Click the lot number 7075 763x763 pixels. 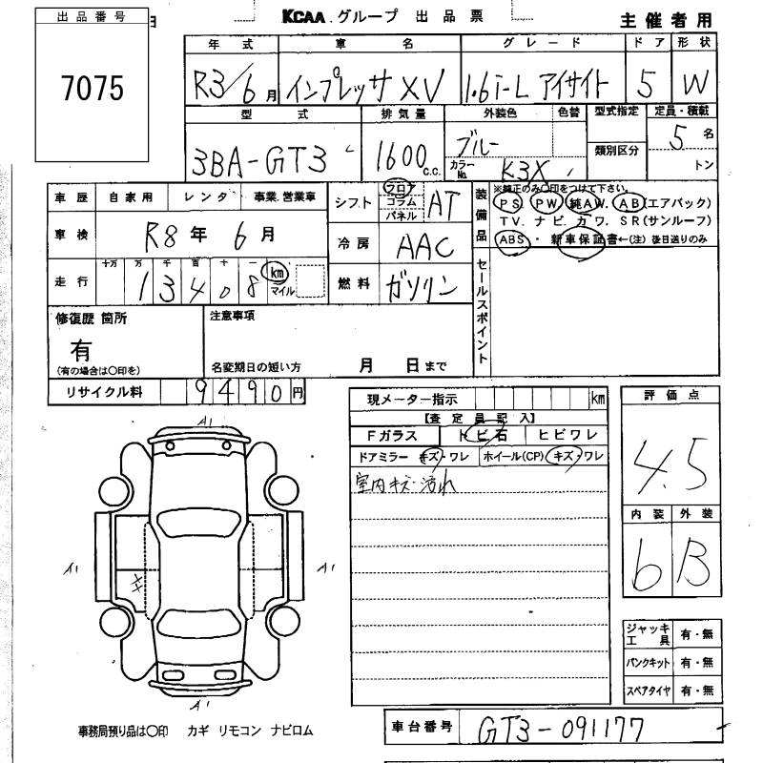pos(93,88)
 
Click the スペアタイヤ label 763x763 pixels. pos(648,691)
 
